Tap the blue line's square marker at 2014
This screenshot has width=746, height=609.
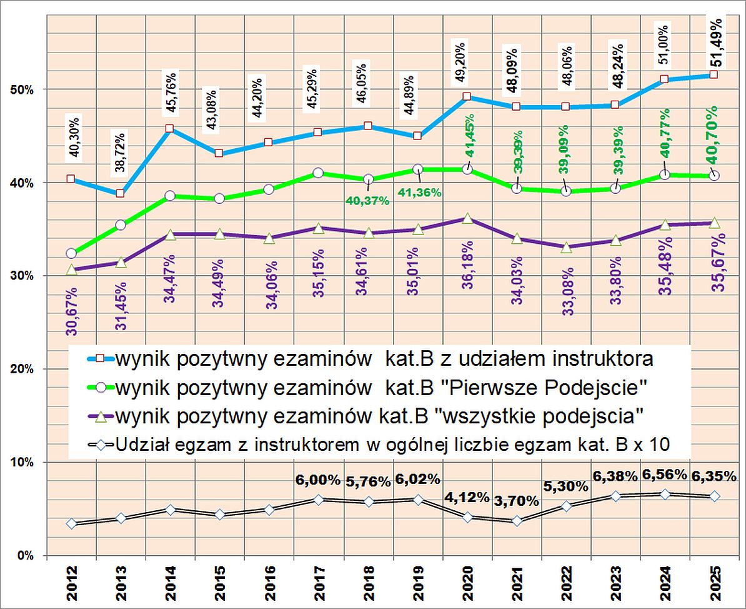169,129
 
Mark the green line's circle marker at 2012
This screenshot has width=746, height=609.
71,253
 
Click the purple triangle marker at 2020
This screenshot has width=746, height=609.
467,219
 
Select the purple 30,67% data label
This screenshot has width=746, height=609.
72,311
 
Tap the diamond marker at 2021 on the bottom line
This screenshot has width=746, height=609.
517,521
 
